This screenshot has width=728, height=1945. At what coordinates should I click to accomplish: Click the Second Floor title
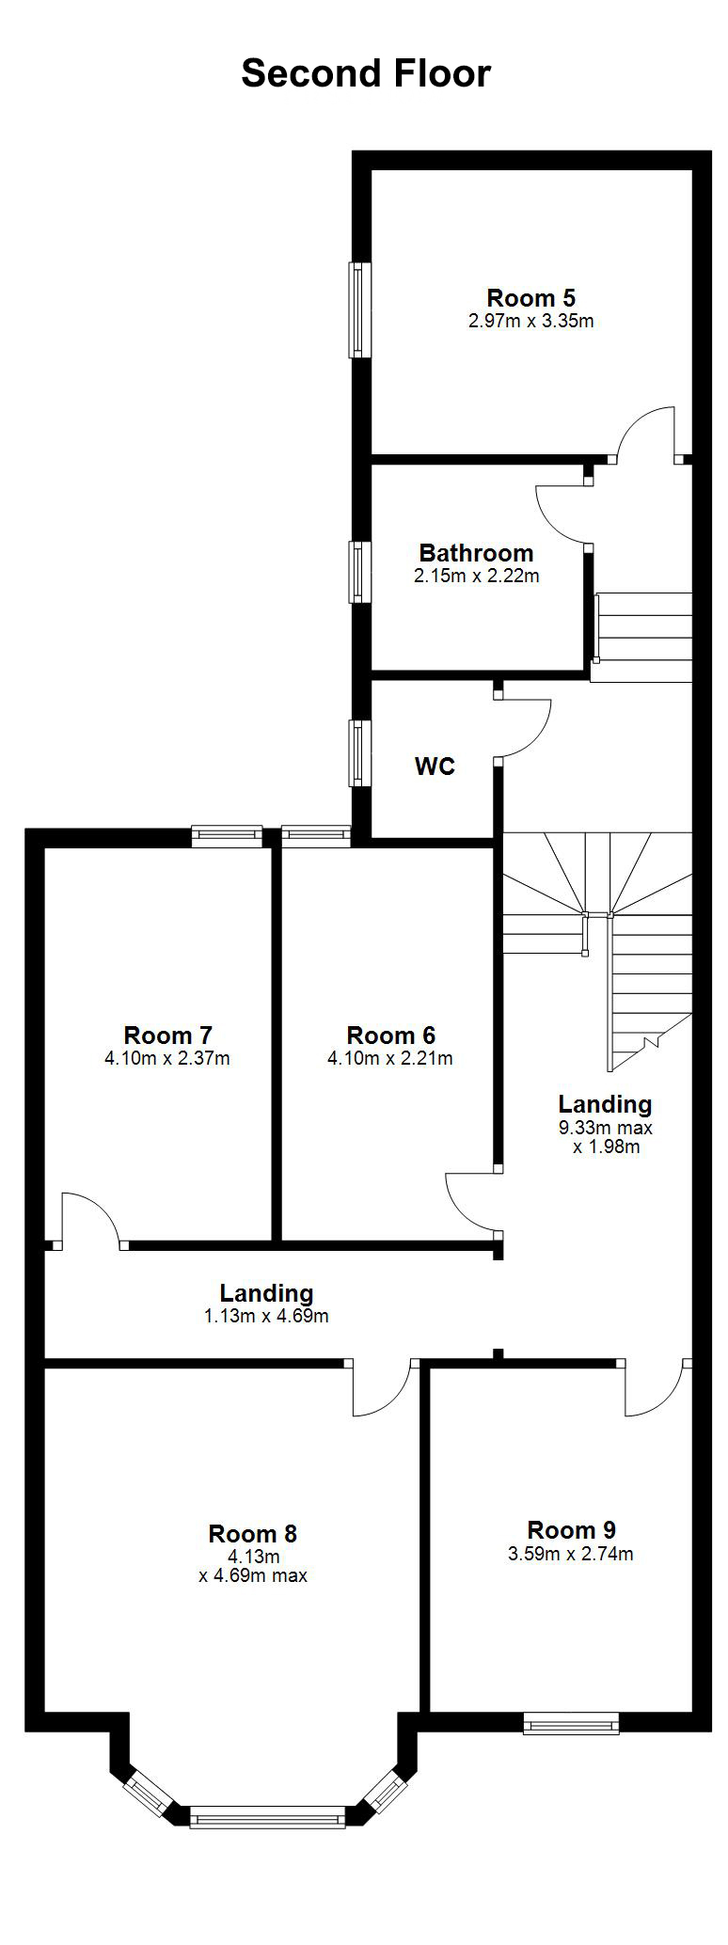tap(366, 73)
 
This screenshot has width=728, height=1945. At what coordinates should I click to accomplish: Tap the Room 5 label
tap(530, 298)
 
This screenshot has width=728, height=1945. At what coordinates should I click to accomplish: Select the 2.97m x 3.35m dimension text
tap(530, 321)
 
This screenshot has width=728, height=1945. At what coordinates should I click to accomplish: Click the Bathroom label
tap(476, 553)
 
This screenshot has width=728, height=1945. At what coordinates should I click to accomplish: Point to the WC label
tap(435, 767)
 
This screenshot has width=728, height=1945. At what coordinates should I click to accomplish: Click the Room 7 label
tap(167, 1036)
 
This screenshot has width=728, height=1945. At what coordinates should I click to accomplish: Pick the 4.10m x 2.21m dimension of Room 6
tap(389, 1058)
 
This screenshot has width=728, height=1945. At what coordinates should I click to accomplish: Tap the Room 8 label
tap(252, 1534)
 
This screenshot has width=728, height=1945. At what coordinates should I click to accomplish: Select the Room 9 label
tap(571, 1530)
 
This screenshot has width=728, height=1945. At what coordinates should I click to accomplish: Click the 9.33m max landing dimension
tap(605, 1128)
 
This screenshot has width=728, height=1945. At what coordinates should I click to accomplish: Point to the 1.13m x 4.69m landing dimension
tap(266, 1316)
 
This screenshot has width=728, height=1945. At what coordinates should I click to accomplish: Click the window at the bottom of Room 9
tap(571, 1724)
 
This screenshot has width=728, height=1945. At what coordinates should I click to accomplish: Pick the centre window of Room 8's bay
tap(267, 1815)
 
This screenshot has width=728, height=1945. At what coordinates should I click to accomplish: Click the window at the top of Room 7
tap(227, 836)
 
